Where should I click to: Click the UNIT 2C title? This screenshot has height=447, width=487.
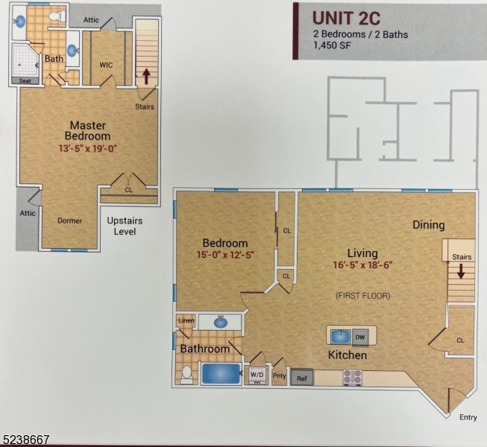(348, 16)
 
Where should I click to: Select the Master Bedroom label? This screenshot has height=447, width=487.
(88, 130)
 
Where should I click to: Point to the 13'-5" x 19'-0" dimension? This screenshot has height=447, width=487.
(88, 148)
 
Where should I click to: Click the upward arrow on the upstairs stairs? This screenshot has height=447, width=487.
(146, 76)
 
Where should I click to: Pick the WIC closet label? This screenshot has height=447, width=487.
(106, 65)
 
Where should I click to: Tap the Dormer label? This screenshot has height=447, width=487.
(70, 221)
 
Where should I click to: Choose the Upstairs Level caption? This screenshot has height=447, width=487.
(125, 226)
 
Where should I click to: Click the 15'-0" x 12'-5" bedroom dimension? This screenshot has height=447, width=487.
(224, 256)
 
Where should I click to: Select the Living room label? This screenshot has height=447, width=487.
(362, 253)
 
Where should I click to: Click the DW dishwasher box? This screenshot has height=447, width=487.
(361, 336)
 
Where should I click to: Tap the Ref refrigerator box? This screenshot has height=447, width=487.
(301, 378)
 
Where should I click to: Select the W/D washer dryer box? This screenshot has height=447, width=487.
(257, 374)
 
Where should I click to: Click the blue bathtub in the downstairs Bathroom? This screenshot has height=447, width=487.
(221, 373)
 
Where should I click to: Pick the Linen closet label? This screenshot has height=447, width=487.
(186, 321)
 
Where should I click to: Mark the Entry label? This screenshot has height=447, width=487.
(468, 417)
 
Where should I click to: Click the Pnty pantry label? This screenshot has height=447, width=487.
(279, 376)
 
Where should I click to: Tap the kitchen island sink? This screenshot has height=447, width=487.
(339, 335)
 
